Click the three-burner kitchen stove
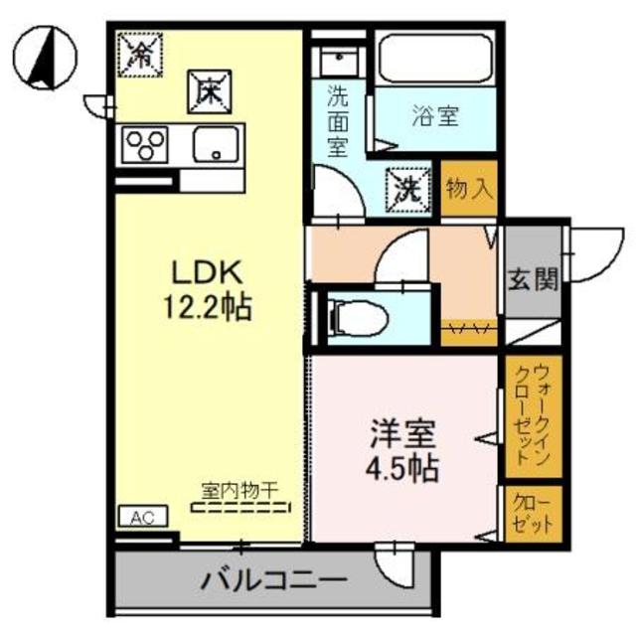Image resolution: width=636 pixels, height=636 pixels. (x=145, y=147)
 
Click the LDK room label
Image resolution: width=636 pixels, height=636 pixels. (x=211, y=272)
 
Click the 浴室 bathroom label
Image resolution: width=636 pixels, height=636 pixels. (x=434, y=115)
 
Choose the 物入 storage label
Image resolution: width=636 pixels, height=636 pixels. (x=469, y=188)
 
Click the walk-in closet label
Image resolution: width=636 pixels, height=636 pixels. (x=529, y=417)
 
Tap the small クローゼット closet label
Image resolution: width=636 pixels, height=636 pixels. (x=529, y=512)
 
